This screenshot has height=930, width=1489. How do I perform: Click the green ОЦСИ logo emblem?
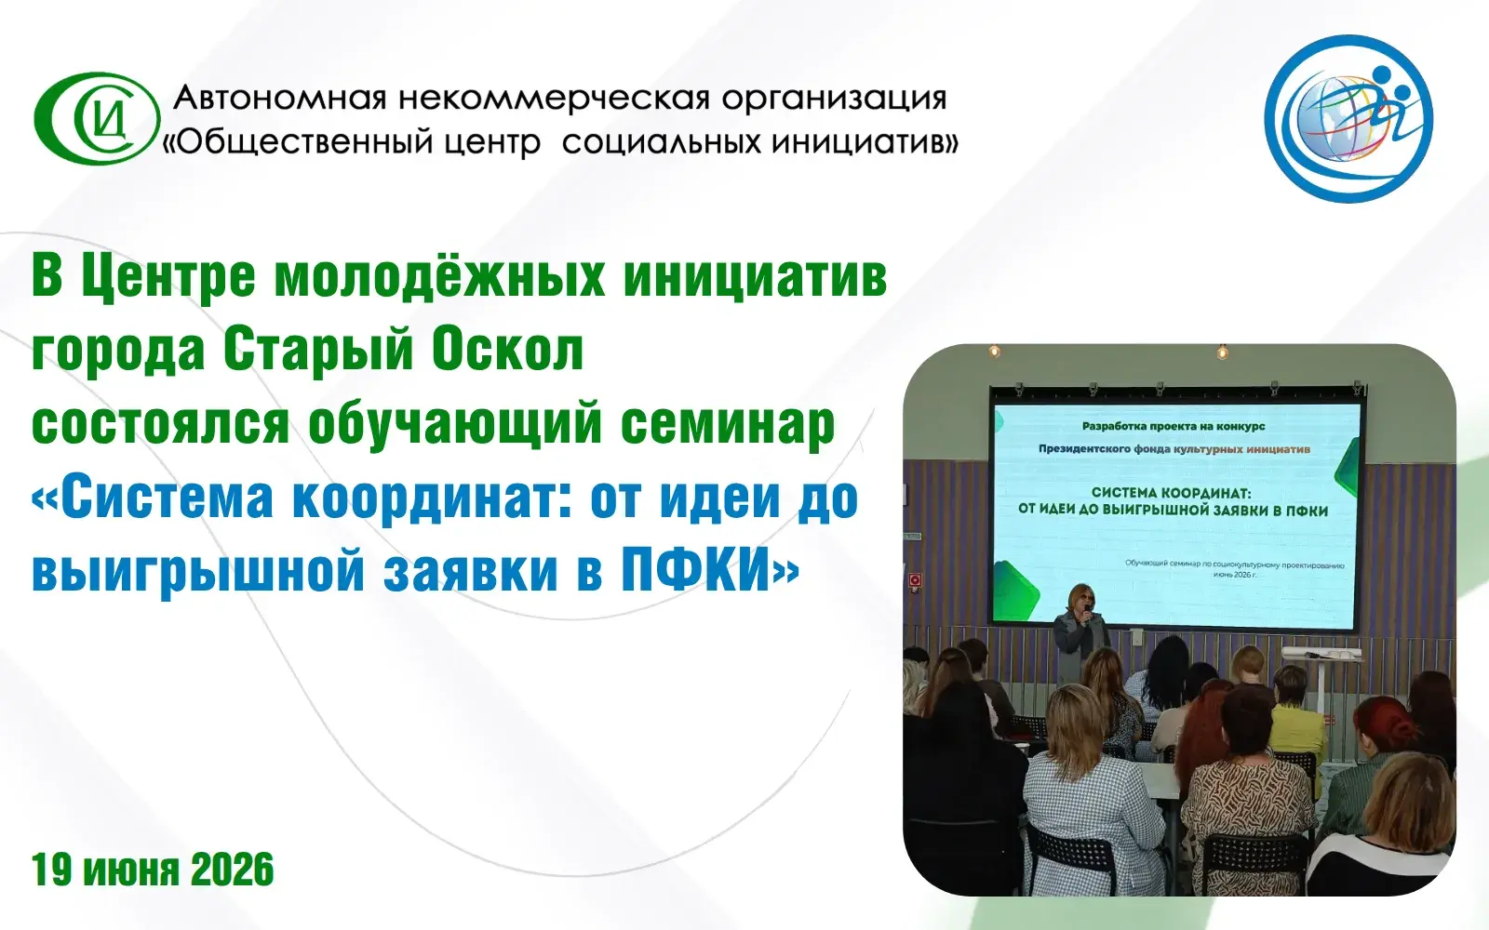tap(97, 118)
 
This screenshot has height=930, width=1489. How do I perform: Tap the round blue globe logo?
tap(1348, 119)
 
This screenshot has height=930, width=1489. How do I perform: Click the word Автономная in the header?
tap(280, 99)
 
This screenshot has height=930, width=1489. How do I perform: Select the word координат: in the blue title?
tap(433, 501)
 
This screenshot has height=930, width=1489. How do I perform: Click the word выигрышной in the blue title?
tap(198, 574)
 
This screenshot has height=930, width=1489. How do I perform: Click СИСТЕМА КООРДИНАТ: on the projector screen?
tap(1173, 493)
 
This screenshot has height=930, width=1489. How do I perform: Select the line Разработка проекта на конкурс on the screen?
tap(1174, 427)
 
